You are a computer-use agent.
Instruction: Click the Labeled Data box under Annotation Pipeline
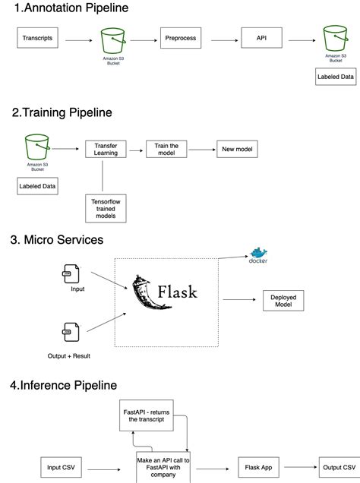335,76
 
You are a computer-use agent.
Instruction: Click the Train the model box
166,150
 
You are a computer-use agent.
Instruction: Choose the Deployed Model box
284,300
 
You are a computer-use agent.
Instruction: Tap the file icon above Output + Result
69,332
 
